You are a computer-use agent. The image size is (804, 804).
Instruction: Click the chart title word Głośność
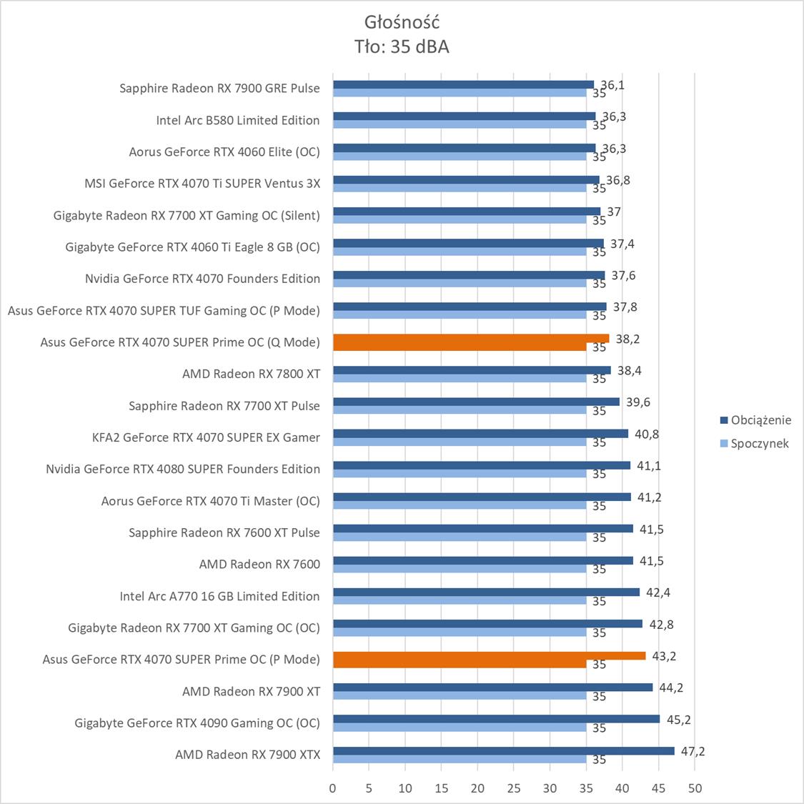pos(401,21)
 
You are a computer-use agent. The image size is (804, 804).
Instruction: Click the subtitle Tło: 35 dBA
pos(401,46)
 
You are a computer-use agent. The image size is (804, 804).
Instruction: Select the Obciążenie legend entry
pos(760,420)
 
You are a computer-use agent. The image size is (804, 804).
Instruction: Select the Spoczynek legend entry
pos(759,443)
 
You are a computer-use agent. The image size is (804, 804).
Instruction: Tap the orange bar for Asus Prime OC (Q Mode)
pos(471,339)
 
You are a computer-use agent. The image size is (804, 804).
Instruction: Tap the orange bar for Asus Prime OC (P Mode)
pos(489,656)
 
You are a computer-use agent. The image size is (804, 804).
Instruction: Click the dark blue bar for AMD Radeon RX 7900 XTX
pos(503,751)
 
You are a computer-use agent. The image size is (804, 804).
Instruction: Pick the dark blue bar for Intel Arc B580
pos(464,116)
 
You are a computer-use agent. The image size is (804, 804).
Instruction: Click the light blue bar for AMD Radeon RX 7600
pos(460,570)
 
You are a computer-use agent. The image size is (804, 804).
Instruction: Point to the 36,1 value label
pos(612,85)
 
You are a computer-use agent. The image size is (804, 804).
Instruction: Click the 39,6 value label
pos(638,402)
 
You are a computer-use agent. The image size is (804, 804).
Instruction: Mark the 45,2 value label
pos(678,720)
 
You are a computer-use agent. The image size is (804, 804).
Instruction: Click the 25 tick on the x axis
pos(514,788)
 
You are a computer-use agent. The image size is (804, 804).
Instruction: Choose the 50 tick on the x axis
pos(695,788)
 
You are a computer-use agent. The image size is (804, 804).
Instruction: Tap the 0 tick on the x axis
pos(333,788)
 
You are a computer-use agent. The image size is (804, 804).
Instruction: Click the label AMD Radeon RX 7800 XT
pos(251,374)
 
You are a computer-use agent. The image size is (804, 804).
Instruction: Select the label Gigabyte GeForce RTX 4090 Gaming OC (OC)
pos(197,723)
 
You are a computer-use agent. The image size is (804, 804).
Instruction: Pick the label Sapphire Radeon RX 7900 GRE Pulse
pos(219,89)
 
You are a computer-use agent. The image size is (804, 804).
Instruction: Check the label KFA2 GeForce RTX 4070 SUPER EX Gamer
pos(206,437)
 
